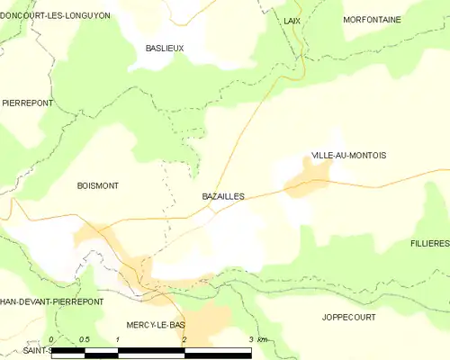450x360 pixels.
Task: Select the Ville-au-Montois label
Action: point(348,156)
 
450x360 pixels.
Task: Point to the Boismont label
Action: point(99,185)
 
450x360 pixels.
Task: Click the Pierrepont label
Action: point(27,103)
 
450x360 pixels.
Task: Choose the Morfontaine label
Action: point(372,19)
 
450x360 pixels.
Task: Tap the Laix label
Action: point(291,19)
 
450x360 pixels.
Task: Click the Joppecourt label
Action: point(348,318)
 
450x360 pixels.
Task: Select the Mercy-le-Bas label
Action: point(157,324)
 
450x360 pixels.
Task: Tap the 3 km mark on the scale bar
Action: point(255,339)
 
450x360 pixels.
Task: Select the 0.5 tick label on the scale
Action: point(84,339)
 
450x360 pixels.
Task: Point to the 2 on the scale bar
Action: point(184,339)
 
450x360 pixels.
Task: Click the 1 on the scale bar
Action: point(118,339)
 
